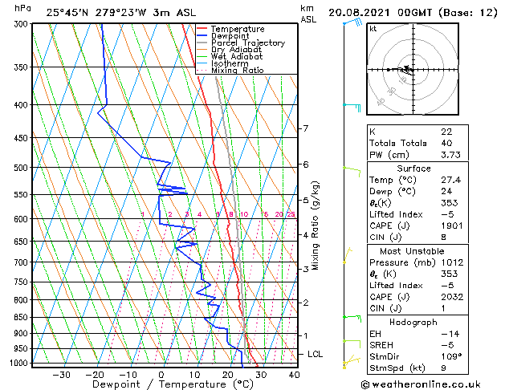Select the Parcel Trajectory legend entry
(x=247, y=43)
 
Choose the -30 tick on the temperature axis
(x=62, y=374)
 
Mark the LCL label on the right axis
(x=316, y=354)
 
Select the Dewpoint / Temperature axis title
(x=161, y=384)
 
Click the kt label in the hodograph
(x=373, y=29)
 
